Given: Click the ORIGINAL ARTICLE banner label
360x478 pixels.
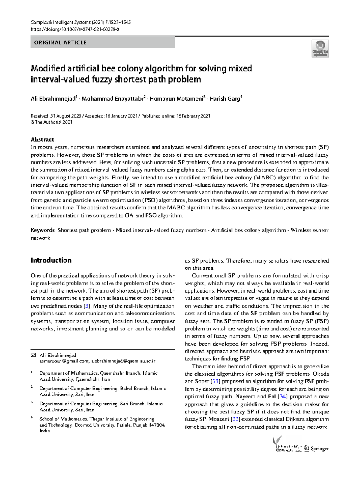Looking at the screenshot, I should click(x=60, y=43).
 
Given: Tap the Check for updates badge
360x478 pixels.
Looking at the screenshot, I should click(x=320, y=49).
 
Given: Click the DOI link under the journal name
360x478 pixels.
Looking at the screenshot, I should click(x=75, y=29).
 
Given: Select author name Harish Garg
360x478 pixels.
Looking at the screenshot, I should click(x=225, y=99).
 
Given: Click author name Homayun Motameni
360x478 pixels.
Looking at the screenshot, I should click(x=176, y=99).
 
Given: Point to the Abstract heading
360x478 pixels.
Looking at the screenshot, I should click(x=42, y=140).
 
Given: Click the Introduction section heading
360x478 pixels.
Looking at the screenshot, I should click(x=51, y=260).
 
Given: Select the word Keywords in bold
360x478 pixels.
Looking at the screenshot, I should click(x=43, y=230).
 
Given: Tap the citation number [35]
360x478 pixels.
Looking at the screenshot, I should click(x=215, y=381).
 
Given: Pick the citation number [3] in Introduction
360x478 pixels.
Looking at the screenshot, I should click(x=87, y=306).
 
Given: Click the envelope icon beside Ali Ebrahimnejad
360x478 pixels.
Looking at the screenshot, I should click(x=33, y=355).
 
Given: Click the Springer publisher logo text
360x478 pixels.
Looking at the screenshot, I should click(x=319, y=449).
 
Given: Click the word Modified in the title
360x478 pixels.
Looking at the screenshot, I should click(x=47, y=68).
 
